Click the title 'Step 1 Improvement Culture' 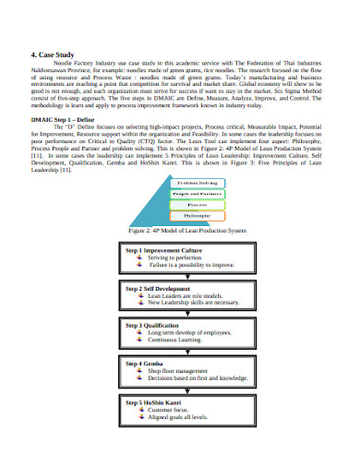coord(166,250)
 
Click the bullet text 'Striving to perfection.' coord(179,257)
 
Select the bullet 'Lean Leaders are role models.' coord(190,295)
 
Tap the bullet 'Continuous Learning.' coord(177,340)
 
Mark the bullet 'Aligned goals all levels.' coord(181,416)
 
